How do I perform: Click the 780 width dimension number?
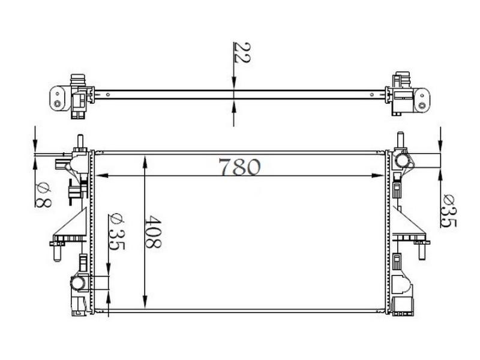239,167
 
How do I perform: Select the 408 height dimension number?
153,232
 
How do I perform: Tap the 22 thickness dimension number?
242,52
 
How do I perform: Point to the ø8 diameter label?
43,194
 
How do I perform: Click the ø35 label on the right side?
448,211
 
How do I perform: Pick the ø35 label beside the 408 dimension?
116,232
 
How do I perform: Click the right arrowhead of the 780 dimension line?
377,175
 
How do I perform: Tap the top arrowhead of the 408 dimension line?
145,162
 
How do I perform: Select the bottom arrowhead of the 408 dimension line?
145,302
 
